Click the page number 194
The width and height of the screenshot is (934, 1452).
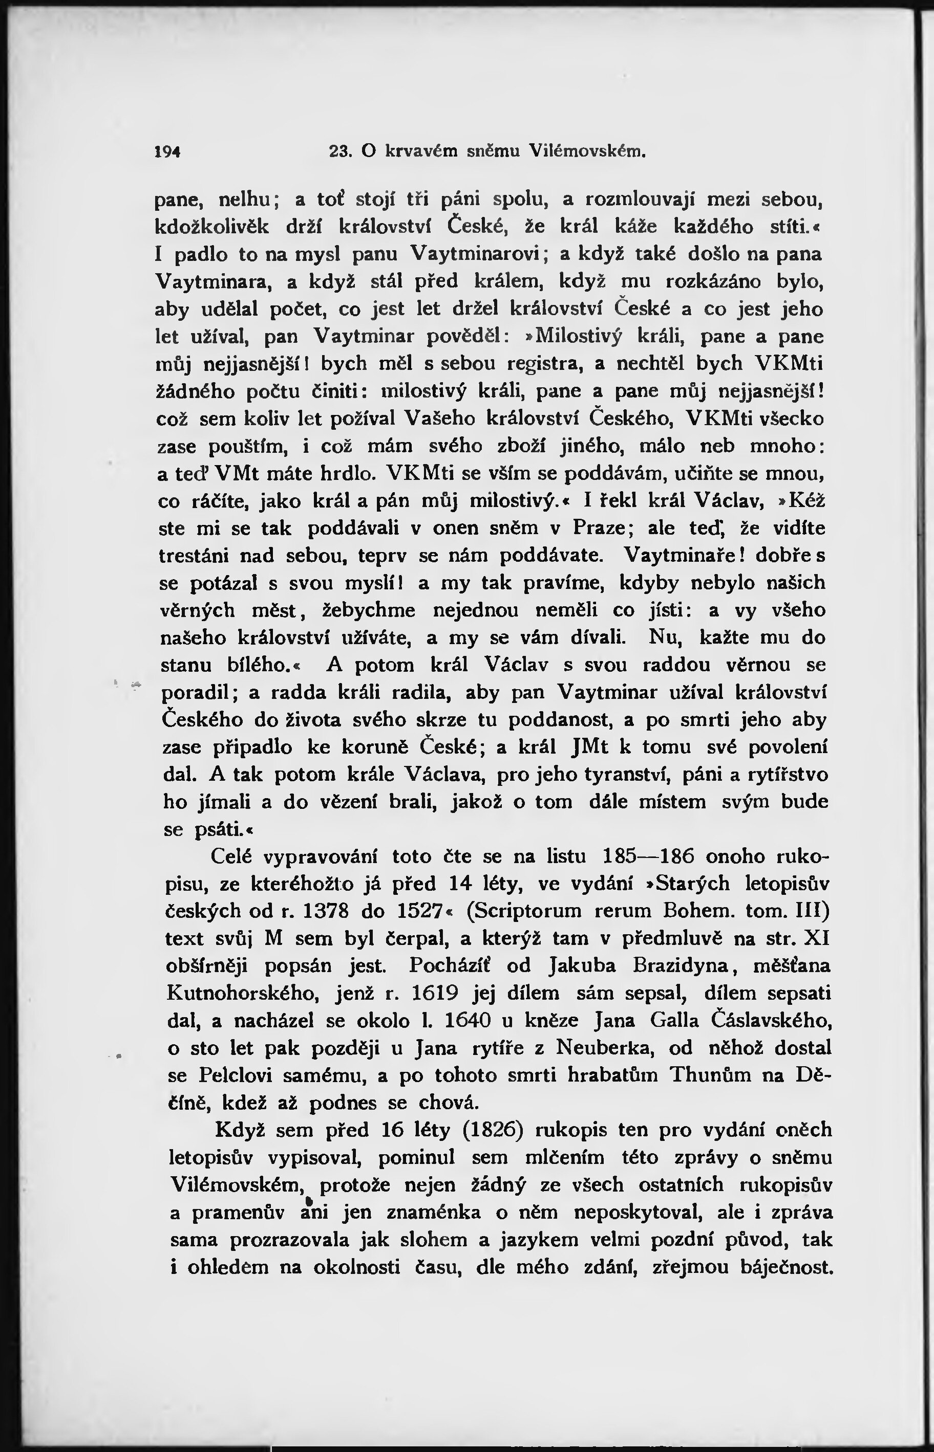(x=168, y=151)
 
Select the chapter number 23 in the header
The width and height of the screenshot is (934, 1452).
(x=339, y=151)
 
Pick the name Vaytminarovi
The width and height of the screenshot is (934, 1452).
(x=476, y=253)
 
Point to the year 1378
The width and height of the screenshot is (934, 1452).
(x=326, y=912)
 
